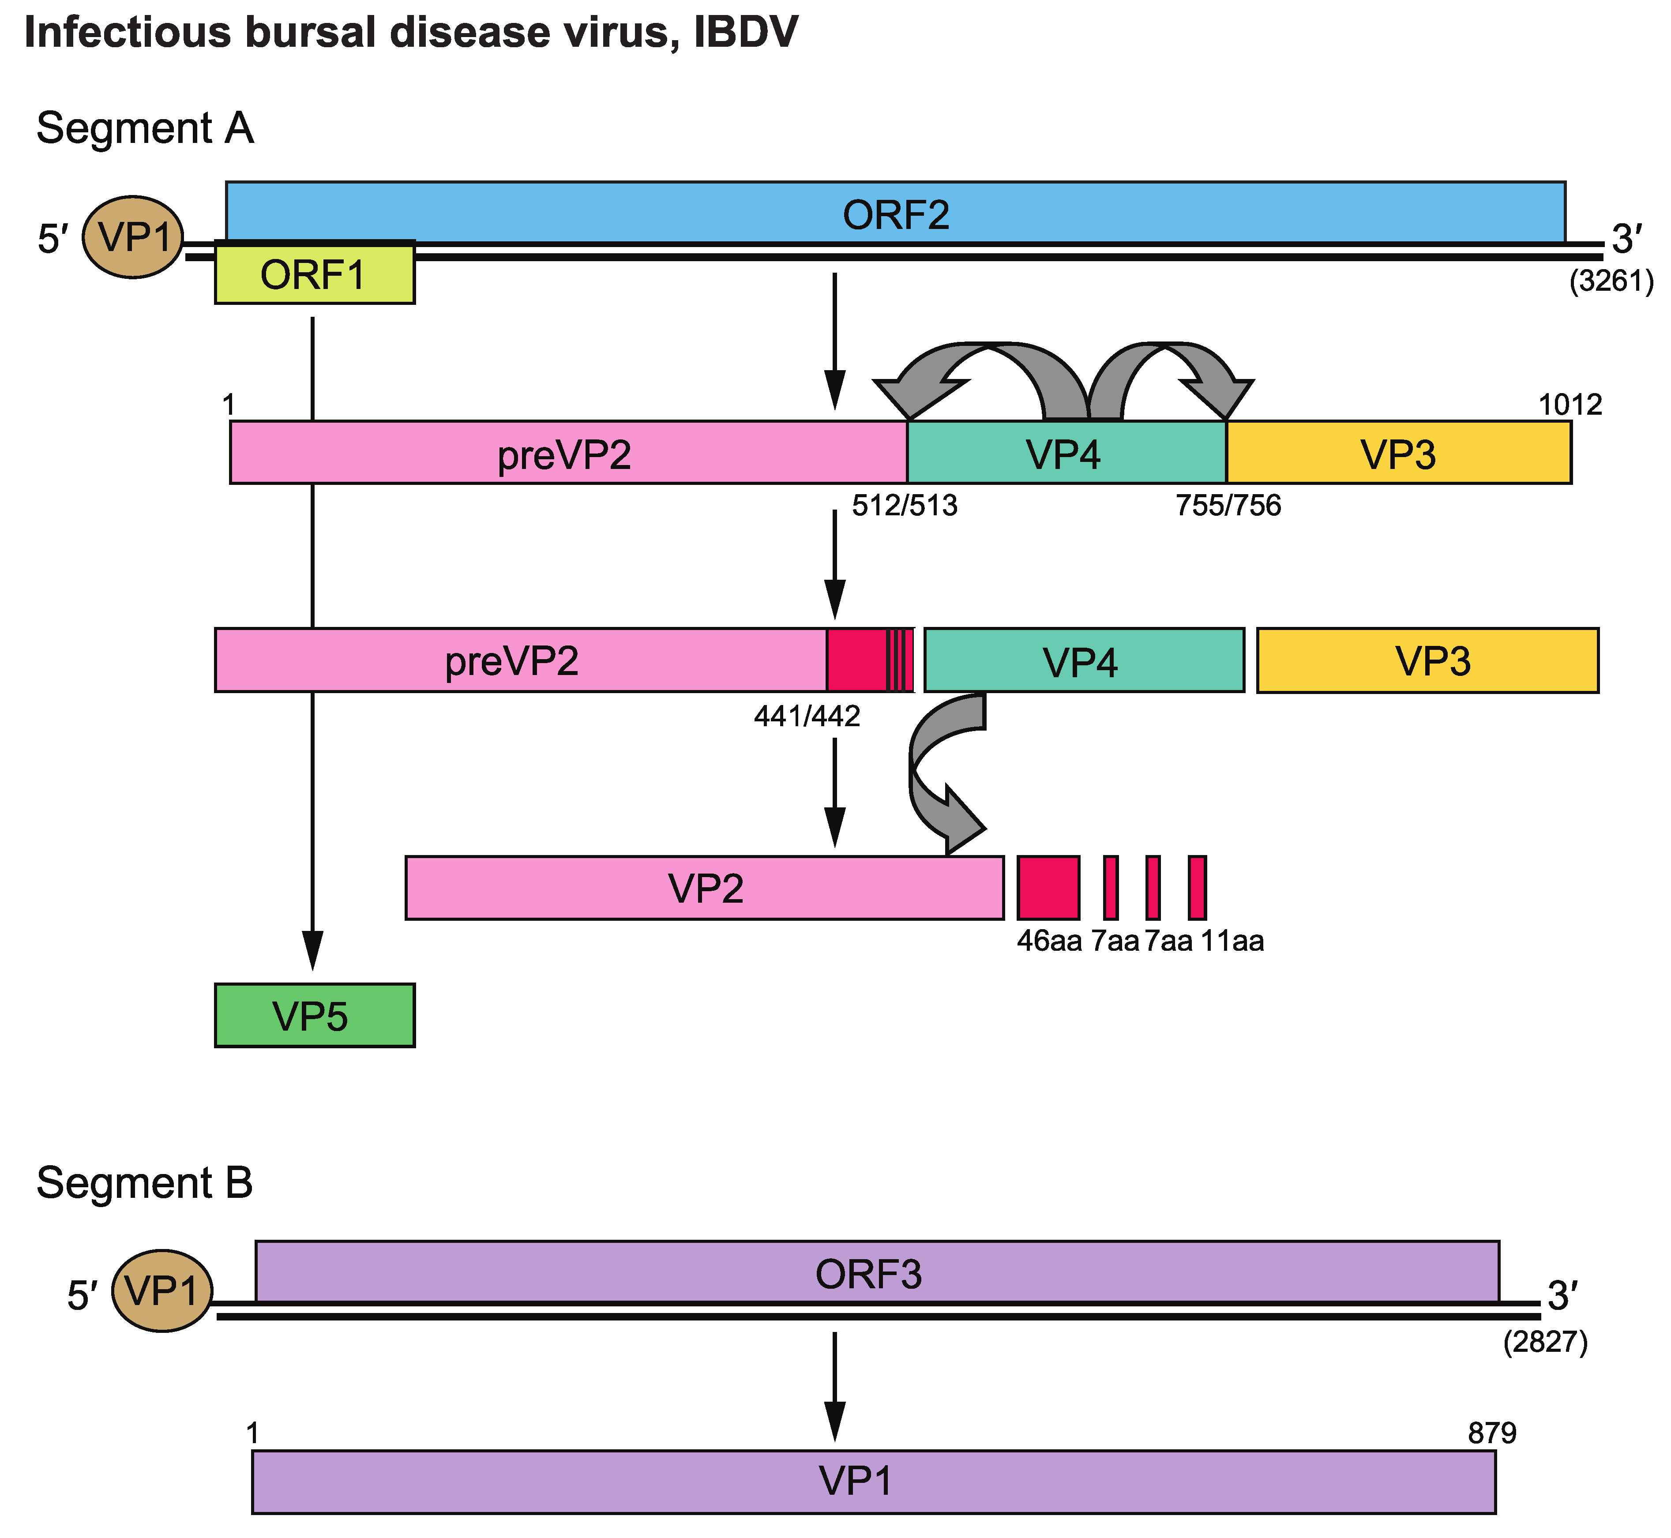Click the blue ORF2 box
click(895, 213)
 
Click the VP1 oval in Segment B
click(162, 1291)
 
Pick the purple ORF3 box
click(876, 1273)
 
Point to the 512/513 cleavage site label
click(905, 505)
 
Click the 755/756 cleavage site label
click(1228, 505)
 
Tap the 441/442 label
click(806, 716)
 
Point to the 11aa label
click(1232, 941)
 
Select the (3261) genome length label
click(1611, 282)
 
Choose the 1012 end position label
click(1570, 405)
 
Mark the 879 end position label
click(1492, 1433)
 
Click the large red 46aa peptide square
click(1048, 887)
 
